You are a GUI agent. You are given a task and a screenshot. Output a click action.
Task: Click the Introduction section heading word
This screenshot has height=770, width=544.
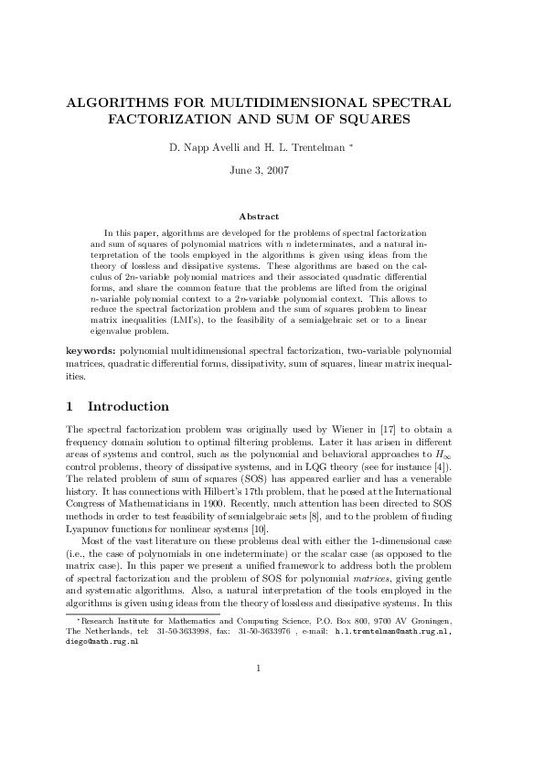(128, 407)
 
